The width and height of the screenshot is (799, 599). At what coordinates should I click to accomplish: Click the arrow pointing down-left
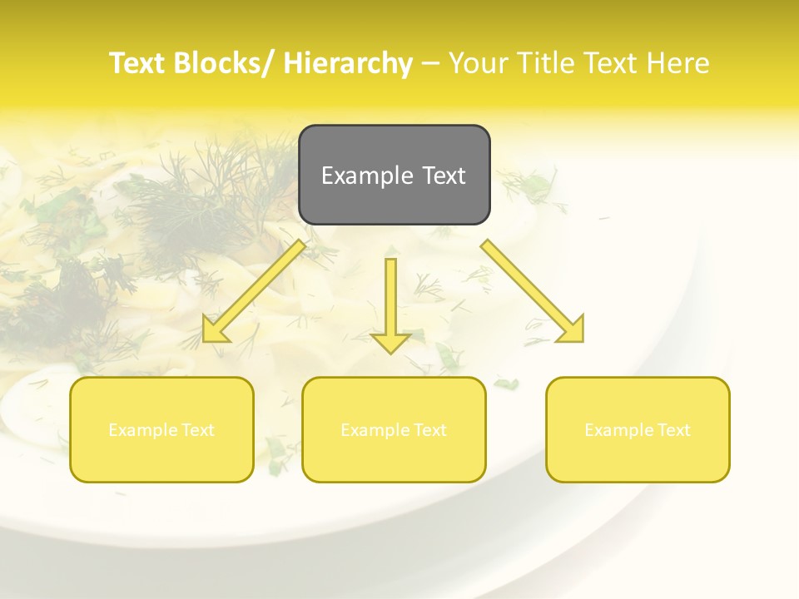tap(254, 292)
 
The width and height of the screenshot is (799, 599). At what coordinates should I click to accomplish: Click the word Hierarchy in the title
tap(347, 63)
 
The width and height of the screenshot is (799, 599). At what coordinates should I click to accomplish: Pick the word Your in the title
tap(477, 63)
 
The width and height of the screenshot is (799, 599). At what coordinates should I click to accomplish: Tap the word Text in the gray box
tap(444, 176)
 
